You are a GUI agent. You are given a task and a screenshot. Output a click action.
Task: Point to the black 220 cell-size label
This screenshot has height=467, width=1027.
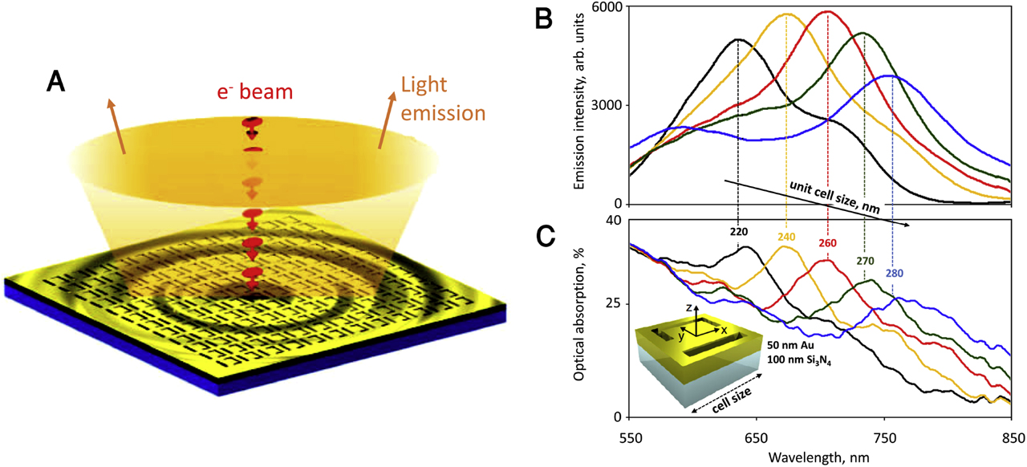738,232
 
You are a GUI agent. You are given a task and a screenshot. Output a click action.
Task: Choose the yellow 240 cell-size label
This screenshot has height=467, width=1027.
785,237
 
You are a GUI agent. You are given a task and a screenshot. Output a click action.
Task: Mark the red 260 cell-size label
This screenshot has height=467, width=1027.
827,242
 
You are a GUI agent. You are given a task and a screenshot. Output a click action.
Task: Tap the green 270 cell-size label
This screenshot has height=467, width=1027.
864,261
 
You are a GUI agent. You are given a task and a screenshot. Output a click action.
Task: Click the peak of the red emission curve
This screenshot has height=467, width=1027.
827,11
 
